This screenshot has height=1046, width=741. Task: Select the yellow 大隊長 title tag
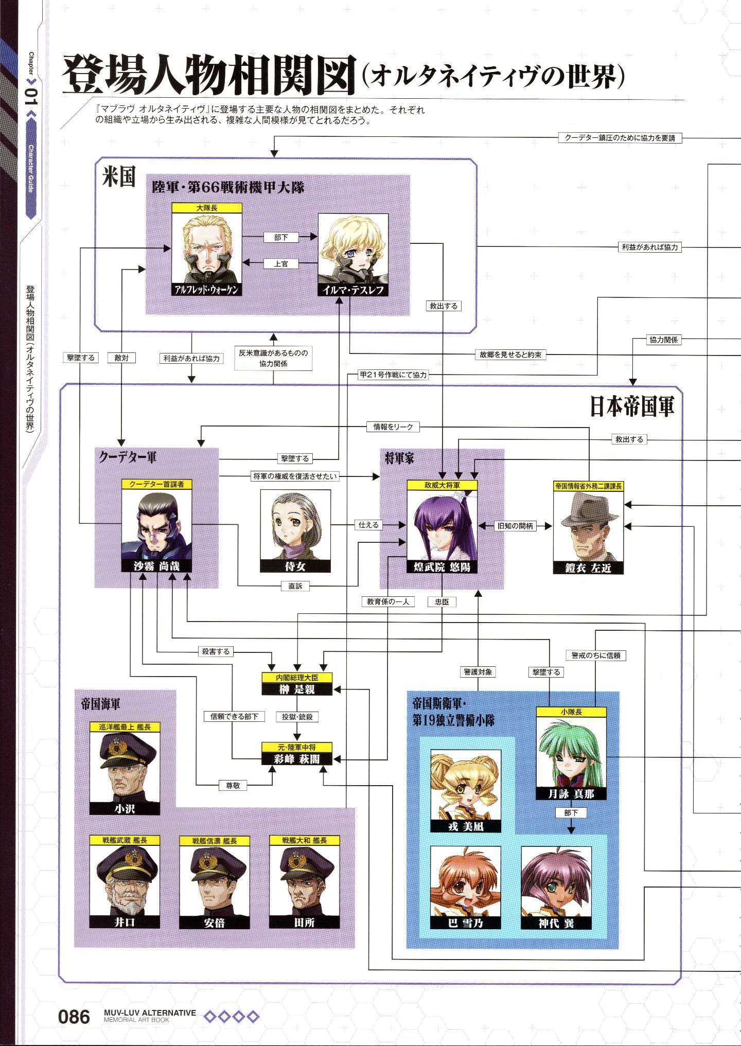206,208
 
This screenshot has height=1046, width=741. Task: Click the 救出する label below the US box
443,306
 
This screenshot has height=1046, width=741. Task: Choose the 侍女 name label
295,566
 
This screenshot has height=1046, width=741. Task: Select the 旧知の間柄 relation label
515,526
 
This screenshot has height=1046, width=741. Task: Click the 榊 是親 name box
297,689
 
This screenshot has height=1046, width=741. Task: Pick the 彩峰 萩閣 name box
297,759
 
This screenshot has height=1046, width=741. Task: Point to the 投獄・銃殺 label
297,716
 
